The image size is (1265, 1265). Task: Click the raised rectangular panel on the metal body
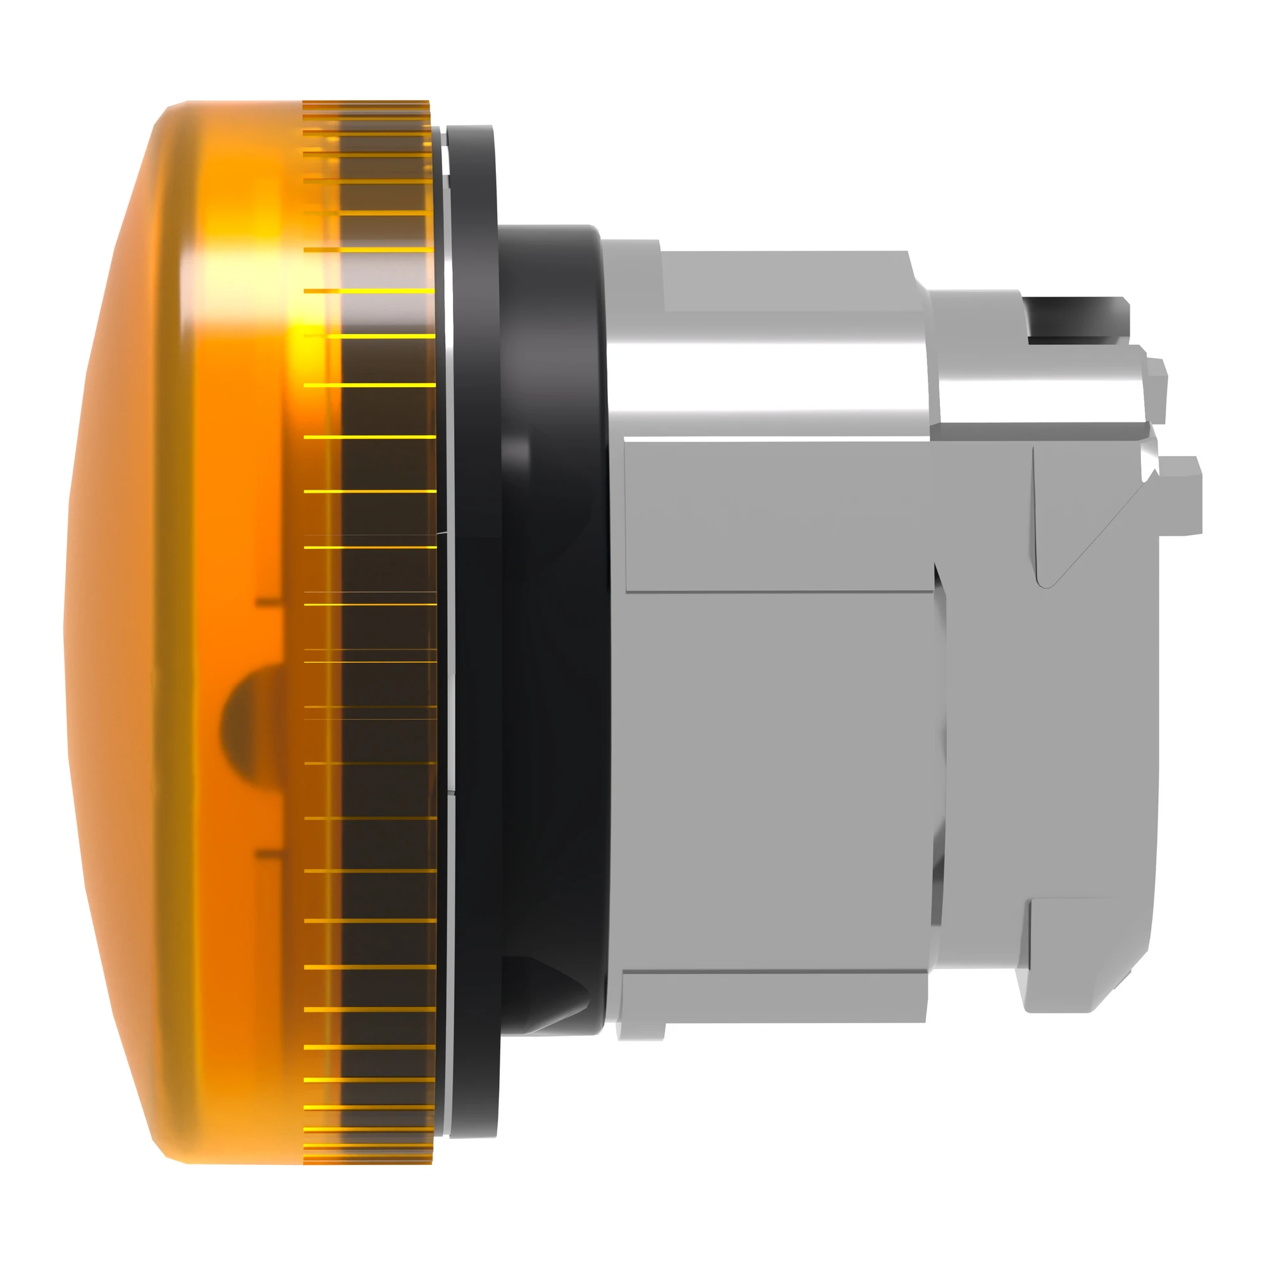click(779, 517)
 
